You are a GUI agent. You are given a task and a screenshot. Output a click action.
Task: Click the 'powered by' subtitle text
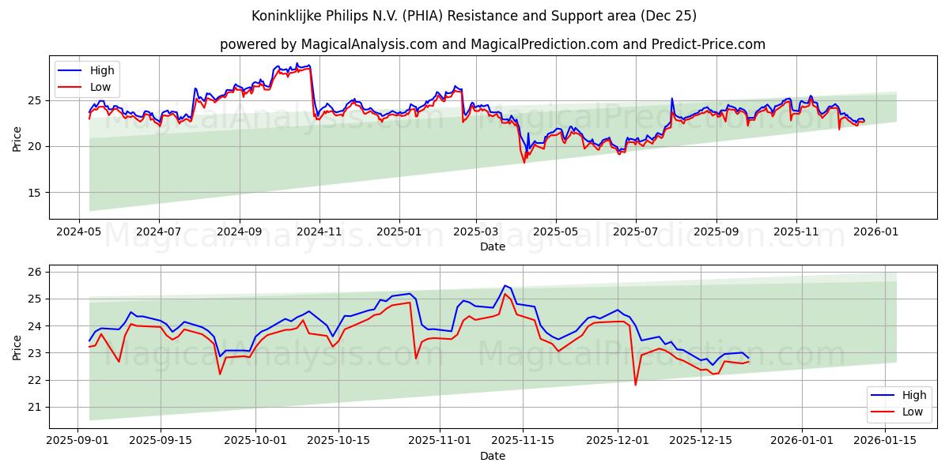492,44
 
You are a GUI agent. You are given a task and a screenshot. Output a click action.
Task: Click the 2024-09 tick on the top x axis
240,233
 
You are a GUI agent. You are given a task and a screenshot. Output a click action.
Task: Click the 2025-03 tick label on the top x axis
476,233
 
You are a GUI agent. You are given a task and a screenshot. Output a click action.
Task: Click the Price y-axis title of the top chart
17,137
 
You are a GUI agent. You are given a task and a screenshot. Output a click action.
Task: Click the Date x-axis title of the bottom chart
492,457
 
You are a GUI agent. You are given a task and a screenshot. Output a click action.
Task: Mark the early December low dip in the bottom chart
635,385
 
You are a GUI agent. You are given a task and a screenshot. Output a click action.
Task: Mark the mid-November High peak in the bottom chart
505,285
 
